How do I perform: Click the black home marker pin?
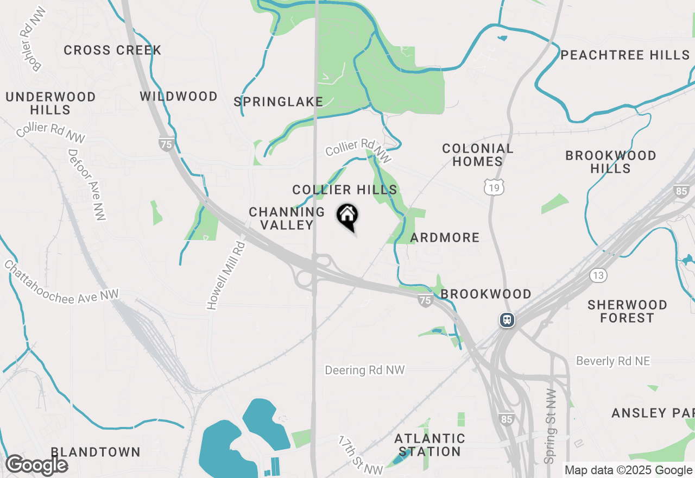[347, 216]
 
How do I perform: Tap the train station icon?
[507, 320]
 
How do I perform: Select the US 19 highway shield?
[494, 187]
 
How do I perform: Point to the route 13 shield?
[598, 275]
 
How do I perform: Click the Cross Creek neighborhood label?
[112, 51]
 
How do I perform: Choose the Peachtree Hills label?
[625, 55]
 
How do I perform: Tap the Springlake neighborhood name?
[279, 102]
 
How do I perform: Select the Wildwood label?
[179, 97]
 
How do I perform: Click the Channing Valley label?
[287, 218]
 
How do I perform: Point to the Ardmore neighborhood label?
[445, 237]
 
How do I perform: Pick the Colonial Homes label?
[478, 155]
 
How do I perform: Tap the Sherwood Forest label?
[627, 311]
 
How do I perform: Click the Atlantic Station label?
[429, 445]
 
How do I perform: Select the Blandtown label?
[96, 452]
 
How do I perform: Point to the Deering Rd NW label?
[365, 370]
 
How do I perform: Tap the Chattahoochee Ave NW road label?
[61, 282]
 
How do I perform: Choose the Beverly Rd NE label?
[613, 361]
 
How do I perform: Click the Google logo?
[36, 465]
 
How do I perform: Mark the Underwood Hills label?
[50, 103]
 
